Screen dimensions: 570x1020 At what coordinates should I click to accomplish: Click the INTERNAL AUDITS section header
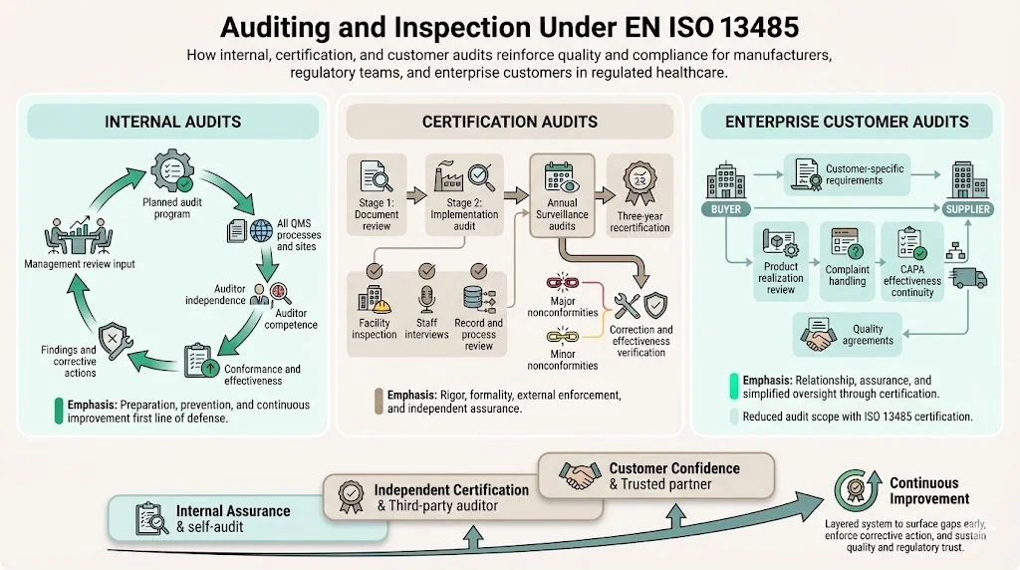[172, 122]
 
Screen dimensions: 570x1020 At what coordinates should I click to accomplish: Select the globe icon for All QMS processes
[262, 230]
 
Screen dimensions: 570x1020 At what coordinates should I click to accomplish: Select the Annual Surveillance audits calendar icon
[561, 177]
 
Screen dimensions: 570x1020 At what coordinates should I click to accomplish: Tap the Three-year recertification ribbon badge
[637, 182]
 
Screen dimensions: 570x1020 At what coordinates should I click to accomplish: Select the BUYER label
[725, 209]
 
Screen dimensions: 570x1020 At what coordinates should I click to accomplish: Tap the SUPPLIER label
[967, 209]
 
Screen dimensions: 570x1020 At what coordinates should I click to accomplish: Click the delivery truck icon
[969, 279]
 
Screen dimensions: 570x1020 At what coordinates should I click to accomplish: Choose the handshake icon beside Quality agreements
[822, 338]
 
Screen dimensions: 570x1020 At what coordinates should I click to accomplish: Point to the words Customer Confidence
[674, 468]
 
